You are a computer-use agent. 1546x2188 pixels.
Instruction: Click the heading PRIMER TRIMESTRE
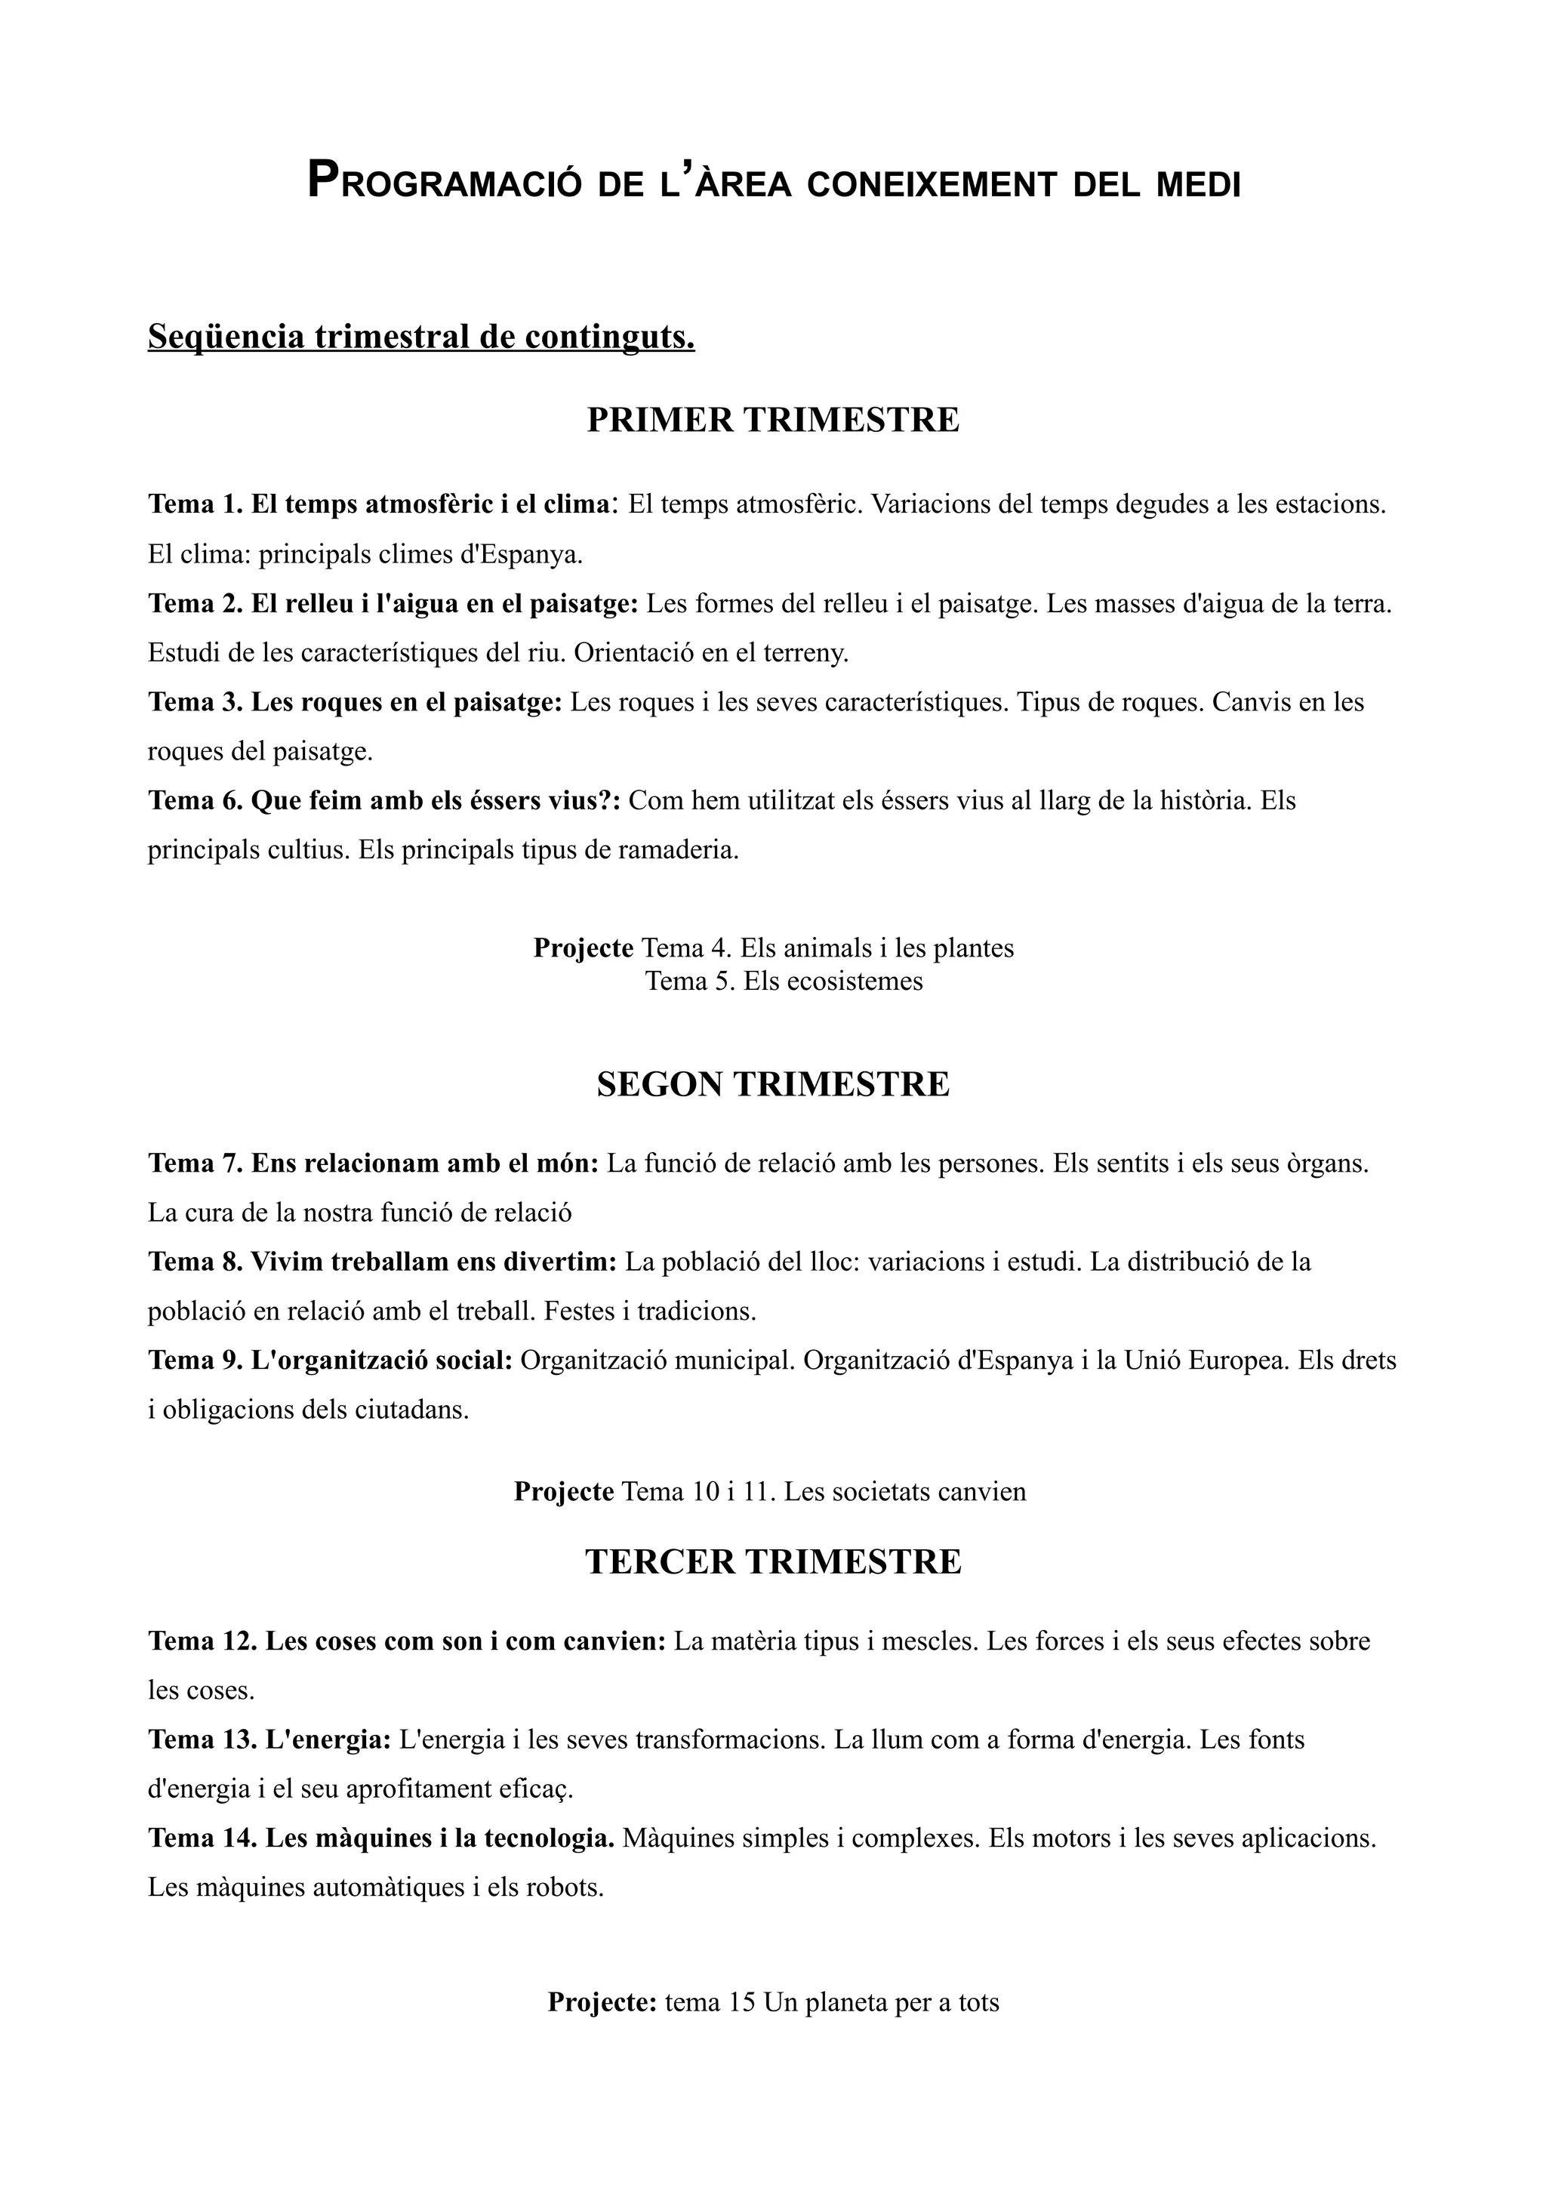(772, 421)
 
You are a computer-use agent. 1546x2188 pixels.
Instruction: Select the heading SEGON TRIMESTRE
(772, 1084)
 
